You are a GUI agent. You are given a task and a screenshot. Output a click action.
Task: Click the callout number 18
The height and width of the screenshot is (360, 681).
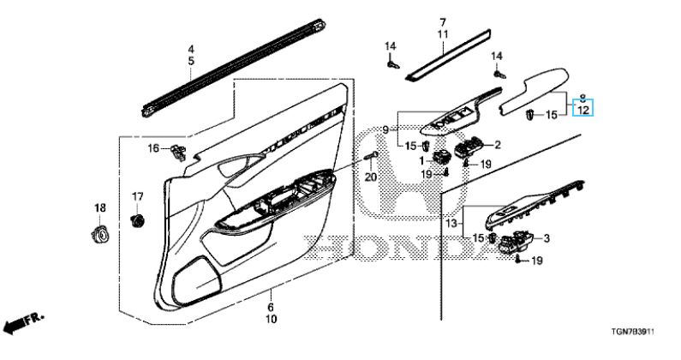(99, 208)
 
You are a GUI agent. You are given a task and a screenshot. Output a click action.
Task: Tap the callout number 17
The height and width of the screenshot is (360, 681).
(135, 198)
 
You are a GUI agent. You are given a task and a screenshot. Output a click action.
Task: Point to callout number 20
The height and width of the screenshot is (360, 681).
(370, 177)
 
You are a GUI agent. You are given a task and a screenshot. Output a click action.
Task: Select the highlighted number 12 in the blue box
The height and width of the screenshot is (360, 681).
(582, 111)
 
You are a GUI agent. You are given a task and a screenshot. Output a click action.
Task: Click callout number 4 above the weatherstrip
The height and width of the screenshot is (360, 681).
(191, 49)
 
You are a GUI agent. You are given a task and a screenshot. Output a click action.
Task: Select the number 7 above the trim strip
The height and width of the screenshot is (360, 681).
(443, 21)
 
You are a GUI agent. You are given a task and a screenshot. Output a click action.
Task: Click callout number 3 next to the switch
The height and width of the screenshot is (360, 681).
(547, 238)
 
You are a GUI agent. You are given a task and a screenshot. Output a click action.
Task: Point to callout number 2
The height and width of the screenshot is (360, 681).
(497, 145)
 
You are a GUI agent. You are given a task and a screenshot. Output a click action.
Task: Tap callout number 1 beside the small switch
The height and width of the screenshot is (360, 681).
(421, 160)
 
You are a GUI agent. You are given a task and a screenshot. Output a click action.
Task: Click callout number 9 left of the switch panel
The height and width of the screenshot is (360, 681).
(386, 129)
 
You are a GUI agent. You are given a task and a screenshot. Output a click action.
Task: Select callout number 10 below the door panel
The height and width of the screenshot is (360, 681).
(272, 320)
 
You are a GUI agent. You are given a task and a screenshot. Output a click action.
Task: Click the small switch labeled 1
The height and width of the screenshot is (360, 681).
(442, 156)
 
